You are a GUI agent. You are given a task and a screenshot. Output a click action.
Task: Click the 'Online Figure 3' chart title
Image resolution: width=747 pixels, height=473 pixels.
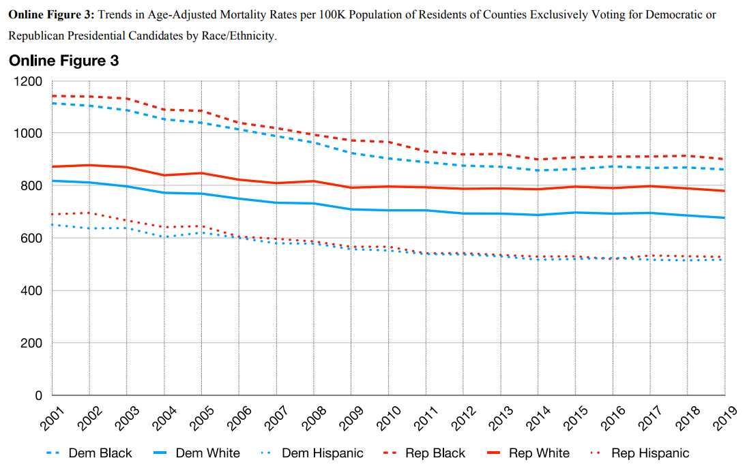64,61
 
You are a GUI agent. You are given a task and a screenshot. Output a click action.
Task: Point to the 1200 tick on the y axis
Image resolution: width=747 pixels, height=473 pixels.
29,82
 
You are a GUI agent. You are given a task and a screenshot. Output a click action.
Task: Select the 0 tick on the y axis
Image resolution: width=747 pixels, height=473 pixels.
39,395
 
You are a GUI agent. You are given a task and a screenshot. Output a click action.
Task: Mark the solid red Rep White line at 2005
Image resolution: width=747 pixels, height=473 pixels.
201,173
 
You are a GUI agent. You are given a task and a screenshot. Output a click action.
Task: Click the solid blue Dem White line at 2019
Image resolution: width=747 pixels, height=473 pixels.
724,218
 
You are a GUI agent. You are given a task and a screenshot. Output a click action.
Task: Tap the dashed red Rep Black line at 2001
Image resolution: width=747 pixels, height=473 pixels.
53,96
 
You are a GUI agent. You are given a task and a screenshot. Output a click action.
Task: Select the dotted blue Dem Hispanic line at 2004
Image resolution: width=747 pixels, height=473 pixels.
164,237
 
